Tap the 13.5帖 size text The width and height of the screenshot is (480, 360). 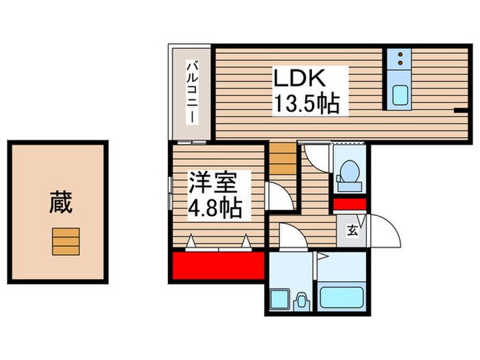(308, 104)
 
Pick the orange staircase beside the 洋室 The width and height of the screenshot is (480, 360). (281, 162)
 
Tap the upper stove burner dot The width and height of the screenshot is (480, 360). (399, 55)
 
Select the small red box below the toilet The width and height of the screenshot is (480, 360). (350, 204)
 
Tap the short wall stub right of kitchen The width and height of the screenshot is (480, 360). (459, 109)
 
